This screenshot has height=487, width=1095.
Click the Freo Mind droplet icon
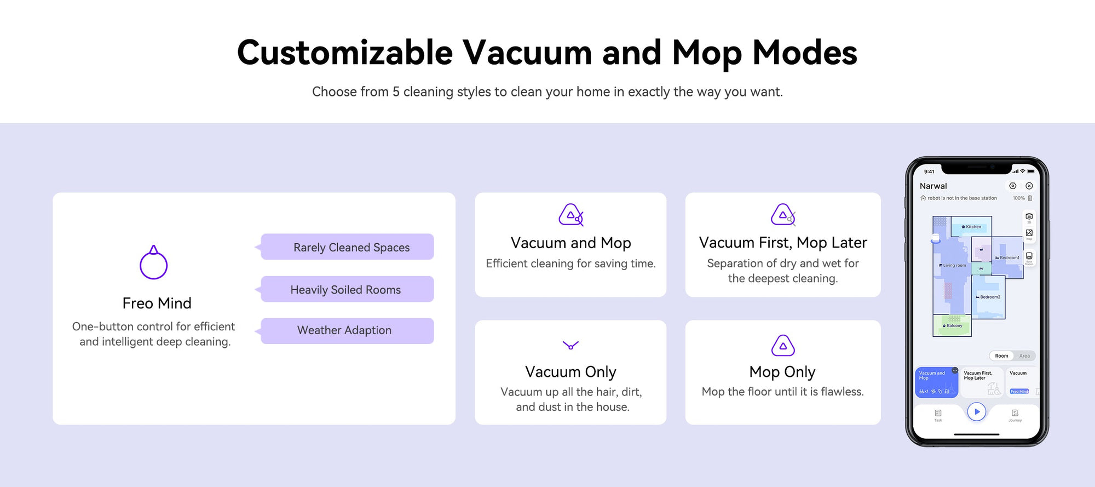153,263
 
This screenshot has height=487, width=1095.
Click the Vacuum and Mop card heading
570,243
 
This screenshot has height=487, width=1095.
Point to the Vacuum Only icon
570,345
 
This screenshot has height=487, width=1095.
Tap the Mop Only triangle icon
783,346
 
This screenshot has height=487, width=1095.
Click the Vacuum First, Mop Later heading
783,243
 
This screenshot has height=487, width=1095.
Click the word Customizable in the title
345,53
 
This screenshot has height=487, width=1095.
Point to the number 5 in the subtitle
395,92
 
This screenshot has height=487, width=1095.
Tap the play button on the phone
976,411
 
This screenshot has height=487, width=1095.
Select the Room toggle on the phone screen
1001,356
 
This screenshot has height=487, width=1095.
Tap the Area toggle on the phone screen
1024,356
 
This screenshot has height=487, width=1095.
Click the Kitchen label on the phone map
972,227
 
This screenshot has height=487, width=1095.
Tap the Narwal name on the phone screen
933,186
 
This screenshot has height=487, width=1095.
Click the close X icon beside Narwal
1029,186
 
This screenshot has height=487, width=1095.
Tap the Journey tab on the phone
1015,415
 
